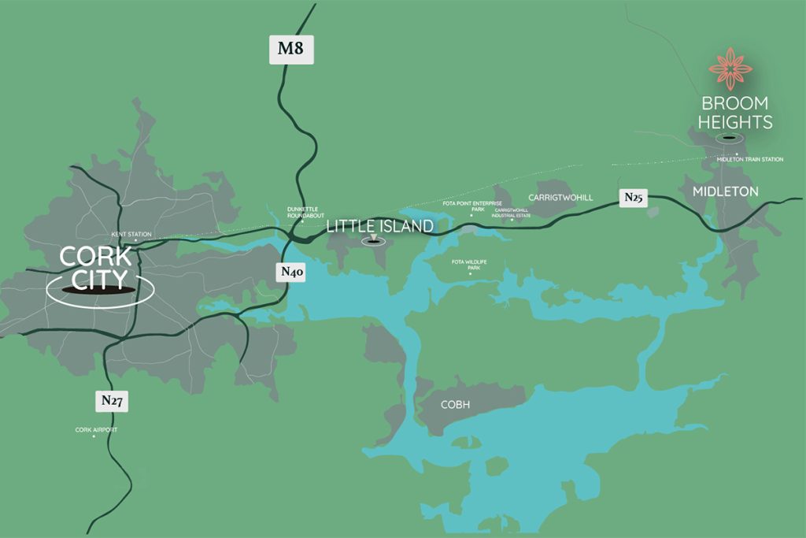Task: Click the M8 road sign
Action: (290, 50)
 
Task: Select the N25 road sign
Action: (634, 198)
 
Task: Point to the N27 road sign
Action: (111, 401)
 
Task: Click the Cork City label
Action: (96, 268)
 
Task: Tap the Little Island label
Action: (379, 226)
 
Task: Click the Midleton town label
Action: (725, 191)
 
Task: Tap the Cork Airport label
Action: (95, 429)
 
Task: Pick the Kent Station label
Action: (130, 234)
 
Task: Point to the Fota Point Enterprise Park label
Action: (472, 206)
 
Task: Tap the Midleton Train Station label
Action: (750, 159)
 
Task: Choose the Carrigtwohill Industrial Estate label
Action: (512, 213)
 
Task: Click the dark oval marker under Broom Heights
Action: (730, 139)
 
